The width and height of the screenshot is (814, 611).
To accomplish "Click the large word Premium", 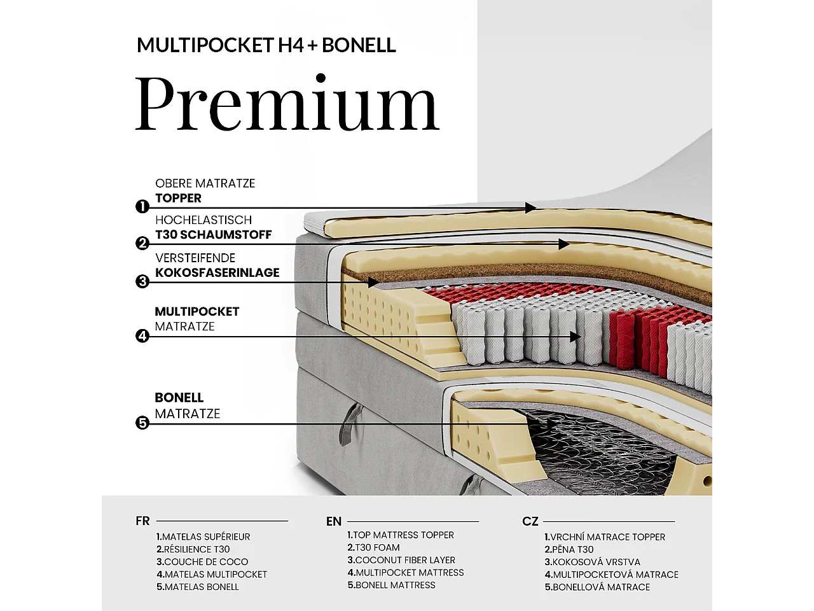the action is [x=287, y=102].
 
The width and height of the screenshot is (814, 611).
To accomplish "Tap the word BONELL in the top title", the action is [x=359, y=45].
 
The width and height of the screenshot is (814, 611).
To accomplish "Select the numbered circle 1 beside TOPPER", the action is [x=142, y=207].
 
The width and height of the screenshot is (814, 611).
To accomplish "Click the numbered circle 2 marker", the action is [x=142, y=244].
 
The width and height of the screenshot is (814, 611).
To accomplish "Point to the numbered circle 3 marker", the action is [x=142, y=281].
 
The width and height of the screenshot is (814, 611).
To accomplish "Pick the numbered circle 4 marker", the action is [x=142, y=336].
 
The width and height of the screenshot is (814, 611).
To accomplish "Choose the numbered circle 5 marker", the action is [x=142, y=423].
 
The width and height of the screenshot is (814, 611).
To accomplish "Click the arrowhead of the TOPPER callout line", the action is [x=530, y=207].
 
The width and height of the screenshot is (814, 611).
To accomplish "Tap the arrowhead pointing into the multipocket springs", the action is [x=575, y=337].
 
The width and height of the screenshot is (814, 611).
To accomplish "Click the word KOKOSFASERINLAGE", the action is [x=217, y=272].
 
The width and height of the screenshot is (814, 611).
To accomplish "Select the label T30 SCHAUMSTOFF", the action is [x=213, y=234].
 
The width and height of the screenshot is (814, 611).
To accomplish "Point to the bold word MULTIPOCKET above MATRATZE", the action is [x=197, y=312].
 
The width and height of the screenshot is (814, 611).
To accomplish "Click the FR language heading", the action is [x=143, y=521].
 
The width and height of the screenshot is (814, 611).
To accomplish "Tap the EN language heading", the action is [x=334, y=521].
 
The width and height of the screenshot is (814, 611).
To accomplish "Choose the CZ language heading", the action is [x=530, y=521].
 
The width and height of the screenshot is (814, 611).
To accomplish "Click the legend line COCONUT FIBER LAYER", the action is [x=401, y=560].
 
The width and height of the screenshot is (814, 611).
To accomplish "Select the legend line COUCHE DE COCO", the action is [x=202, y=561].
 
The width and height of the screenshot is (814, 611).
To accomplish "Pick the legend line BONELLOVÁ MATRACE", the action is [x=597, y=587].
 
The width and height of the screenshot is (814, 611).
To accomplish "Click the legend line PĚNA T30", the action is [x=569, y=549].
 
